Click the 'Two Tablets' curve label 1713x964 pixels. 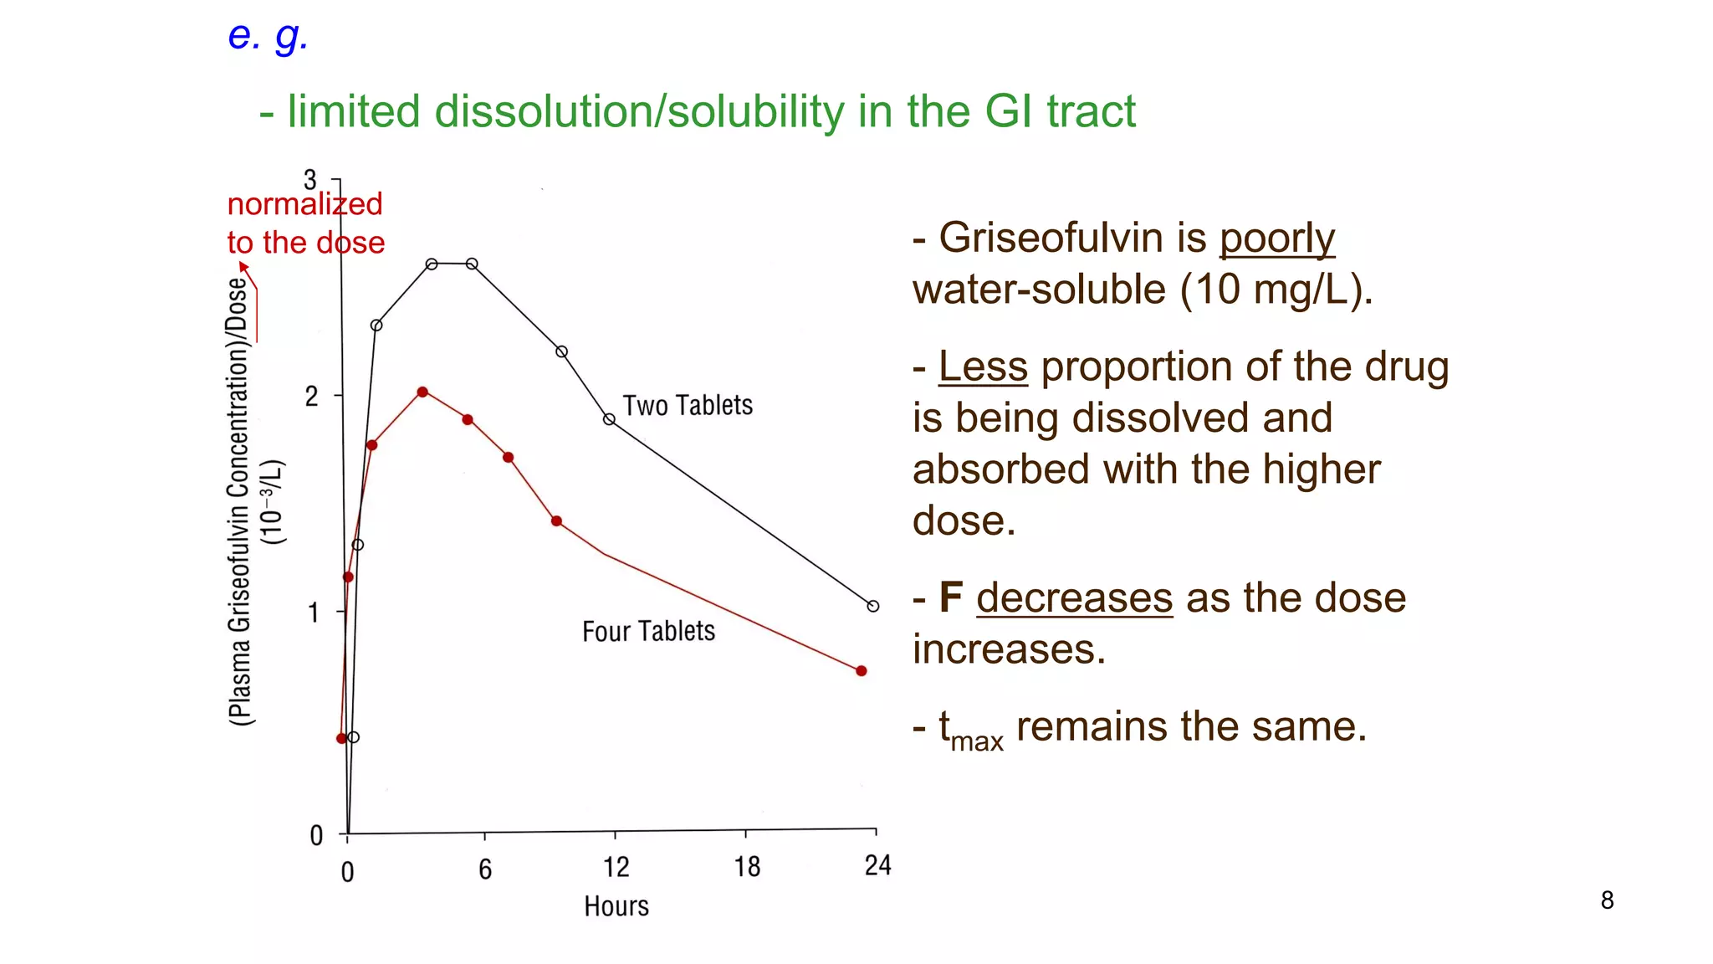click(x=688, y=406)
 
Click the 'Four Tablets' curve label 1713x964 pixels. click(x=648, y=632)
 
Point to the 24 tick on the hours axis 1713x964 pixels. click(x=877, y=865)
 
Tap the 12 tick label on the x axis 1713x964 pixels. click(x=616, y=867)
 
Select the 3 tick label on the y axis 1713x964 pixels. click(x=310, y=180)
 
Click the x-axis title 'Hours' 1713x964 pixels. click(x=616, y=906)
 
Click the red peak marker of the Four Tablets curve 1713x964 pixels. click(x=422, y=392)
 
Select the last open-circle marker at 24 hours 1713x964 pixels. click(x=873, y=606)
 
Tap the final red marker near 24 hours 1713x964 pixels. click(x=862, y=670)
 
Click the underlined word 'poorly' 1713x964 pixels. click(x=1276, y=238)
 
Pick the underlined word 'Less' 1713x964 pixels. click(x=983, y=367)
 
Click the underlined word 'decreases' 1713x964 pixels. click(x=1074, y=598)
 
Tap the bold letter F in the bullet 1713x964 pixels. click(x=950, y=597)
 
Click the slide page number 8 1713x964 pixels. click(x=1607, y=900)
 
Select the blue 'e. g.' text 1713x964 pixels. click(x=268, y=36)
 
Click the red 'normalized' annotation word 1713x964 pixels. click(x=304, y=204)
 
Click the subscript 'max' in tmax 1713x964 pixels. click(x=977, y=742)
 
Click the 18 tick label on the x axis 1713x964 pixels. click(x=747, y=867)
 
